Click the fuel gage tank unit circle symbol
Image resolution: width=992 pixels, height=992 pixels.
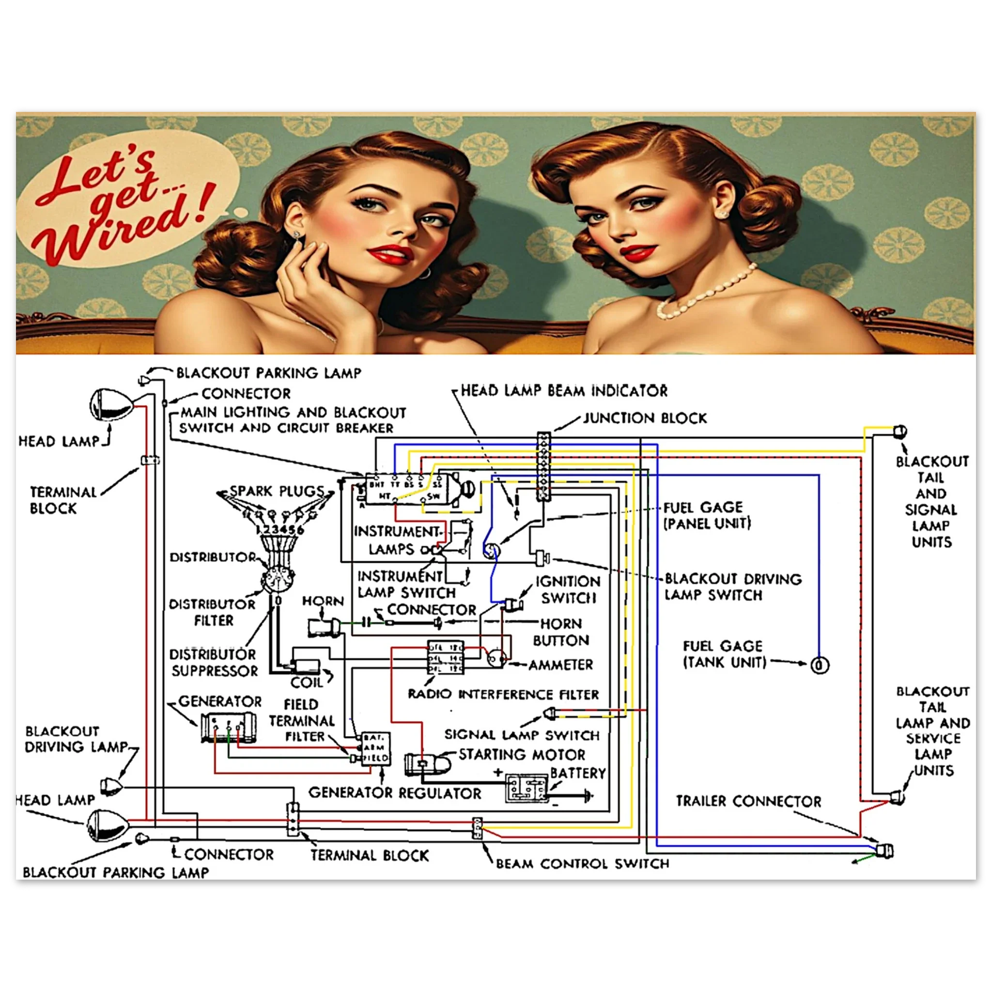[x=820, y=666]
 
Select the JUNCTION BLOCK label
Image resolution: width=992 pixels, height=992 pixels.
[x=645, y=418]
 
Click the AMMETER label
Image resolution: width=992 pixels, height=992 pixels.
[x=561, y=666]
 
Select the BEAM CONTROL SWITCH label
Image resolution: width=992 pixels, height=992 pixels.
[x=582, y=864]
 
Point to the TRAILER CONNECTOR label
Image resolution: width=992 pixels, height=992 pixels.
[x=748, y=801]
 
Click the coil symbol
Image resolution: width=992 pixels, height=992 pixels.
[x=306, y=667]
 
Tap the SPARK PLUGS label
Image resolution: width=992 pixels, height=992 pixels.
[x=277, y=491]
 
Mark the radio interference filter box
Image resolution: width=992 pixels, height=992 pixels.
[x=446, y=657]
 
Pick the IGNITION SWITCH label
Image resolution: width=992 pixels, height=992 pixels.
[x=567, y=590]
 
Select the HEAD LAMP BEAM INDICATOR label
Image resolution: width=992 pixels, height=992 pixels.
[x=564, y=391]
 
